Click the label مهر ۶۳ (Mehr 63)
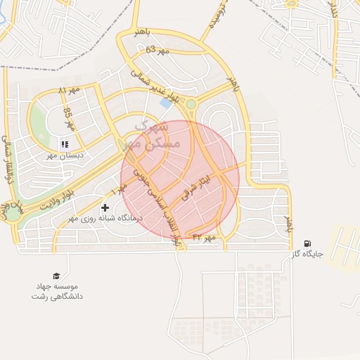[158, 50]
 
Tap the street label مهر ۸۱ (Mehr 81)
[72, 90]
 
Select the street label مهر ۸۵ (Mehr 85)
[68, 120]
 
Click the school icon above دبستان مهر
[64, 144]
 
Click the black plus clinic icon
[105, 207]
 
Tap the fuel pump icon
[307, 244]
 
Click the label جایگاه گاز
[307, 255]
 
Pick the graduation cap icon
[56, 276]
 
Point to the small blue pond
[165, 103]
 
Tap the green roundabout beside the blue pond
[191, 104]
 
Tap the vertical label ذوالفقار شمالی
[8, 158]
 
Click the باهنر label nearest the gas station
[287, 225]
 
